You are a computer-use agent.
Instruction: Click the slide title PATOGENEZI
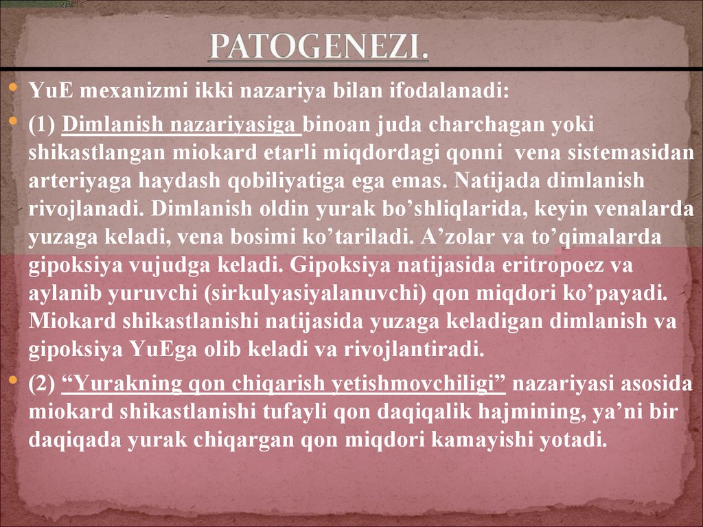(319, 47)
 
